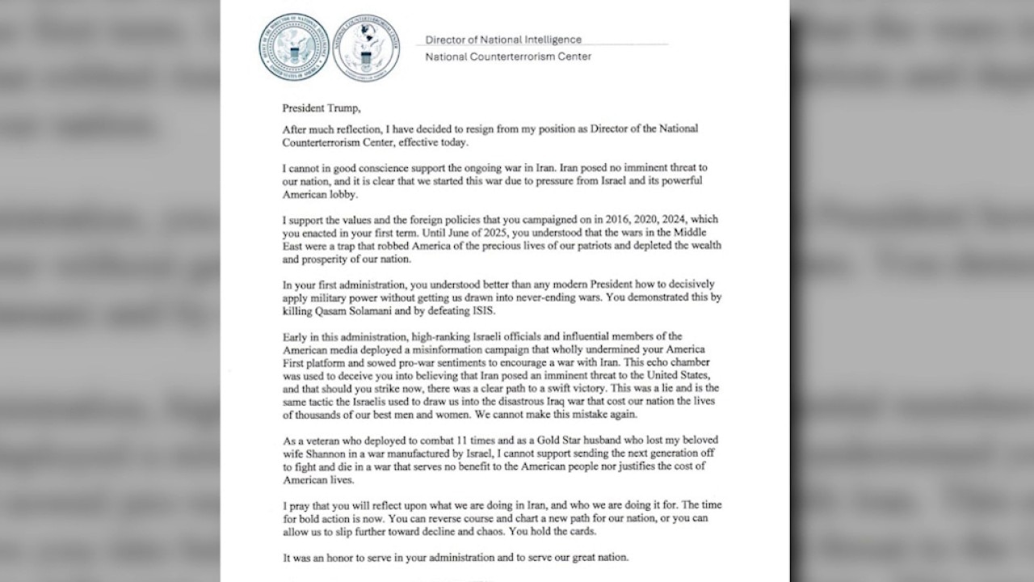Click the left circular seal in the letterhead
tap(293, 46)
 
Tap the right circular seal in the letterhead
tap(366, 46)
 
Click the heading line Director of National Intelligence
tap(503, 40)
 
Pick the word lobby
tap(349, 195)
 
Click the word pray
tap(304, 504)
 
